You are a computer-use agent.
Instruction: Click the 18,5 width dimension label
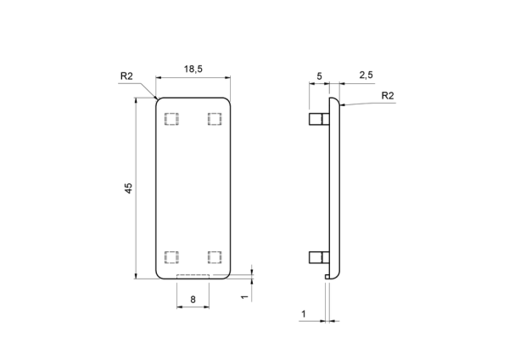(x=193, y=69)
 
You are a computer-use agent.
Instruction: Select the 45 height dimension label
(x=129, y=188)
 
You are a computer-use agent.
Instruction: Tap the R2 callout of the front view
(x=126, y=76)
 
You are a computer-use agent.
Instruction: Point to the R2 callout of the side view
(x=388, y=96)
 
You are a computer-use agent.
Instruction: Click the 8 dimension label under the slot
(x=193, y=299)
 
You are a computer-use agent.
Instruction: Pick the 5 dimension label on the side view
(x=319, y=76)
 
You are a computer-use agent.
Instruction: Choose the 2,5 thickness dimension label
(x=366, y=75)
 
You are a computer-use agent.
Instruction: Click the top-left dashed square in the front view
(x=171, y=119)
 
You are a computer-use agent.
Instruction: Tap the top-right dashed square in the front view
(x=215, y=119)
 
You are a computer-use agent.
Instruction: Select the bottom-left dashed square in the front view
(x=171, y=257)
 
